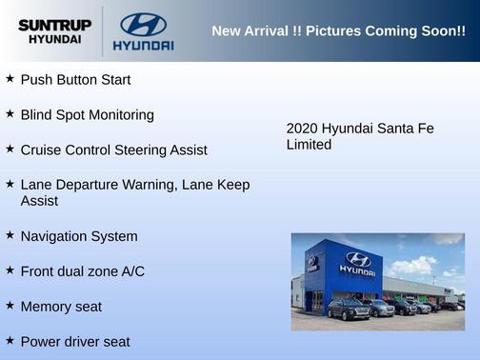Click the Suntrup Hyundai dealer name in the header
point(54,31)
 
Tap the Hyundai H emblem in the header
point(143,24)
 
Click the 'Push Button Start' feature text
point(75,80)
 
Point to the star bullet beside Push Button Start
point(10,78)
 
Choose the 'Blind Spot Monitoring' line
point(87,115)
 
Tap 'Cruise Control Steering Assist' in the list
point(113,150)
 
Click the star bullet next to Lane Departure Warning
point(10,183)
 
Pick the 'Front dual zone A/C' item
point(83,271)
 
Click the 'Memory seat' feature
point(61,307)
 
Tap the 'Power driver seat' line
point(75,342)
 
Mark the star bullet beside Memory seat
point(10,305)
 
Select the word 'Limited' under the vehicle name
point(309,146)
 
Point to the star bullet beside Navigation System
point(10,234)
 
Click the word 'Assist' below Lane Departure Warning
point(39,202)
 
